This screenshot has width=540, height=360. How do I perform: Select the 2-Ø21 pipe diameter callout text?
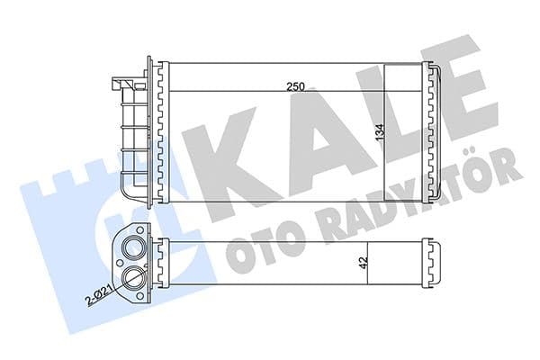(98, 293)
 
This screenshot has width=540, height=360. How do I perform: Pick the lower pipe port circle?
(133, 277)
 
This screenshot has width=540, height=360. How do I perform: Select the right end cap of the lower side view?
(433, 266)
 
